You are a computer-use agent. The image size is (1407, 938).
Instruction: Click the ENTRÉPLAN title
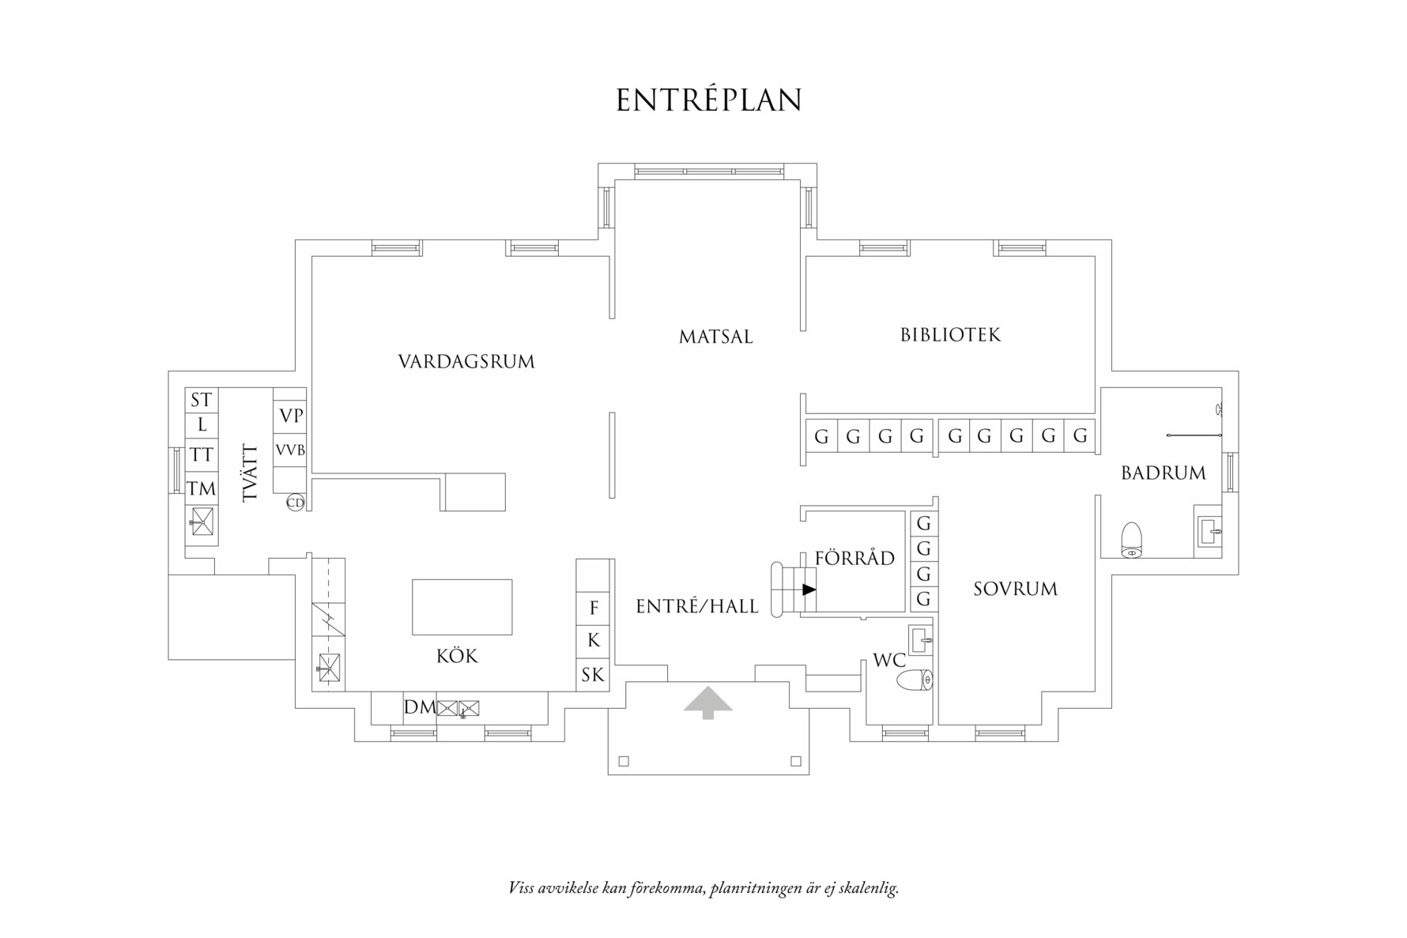coord(709,100)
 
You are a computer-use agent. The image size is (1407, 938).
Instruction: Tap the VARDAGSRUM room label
coord(466,362)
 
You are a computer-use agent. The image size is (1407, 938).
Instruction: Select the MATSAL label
coord(715,337)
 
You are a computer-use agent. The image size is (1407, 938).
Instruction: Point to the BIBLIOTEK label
coord(950,335)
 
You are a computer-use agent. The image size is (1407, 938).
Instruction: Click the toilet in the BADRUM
coord(1132,540)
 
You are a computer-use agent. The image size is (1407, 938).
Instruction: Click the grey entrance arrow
coord(708,702)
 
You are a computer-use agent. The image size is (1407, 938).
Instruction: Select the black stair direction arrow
coord(809,590)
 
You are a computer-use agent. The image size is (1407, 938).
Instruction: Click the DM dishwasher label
coord(420,707)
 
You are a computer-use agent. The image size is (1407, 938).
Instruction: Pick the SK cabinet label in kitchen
coord(593,675)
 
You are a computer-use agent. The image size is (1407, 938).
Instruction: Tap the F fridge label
coord(594,608)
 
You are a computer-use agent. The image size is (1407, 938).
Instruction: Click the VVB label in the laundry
coord(290,450)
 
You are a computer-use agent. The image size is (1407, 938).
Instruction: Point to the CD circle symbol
coord(295,503)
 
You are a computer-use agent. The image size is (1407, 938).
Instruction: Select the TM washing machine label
coord(202,488)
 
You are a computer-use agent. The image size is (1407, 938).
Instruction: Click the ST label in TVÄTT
coord(202,400)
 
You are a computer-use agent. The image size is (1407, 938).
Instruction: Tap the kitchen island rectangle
coord(462,607)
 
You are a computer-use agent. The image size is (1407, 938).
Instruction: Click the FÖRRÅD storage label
coord(854,558)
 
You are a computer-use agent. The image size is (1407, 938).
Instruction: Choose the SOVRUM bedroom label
coord(1015,589)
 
